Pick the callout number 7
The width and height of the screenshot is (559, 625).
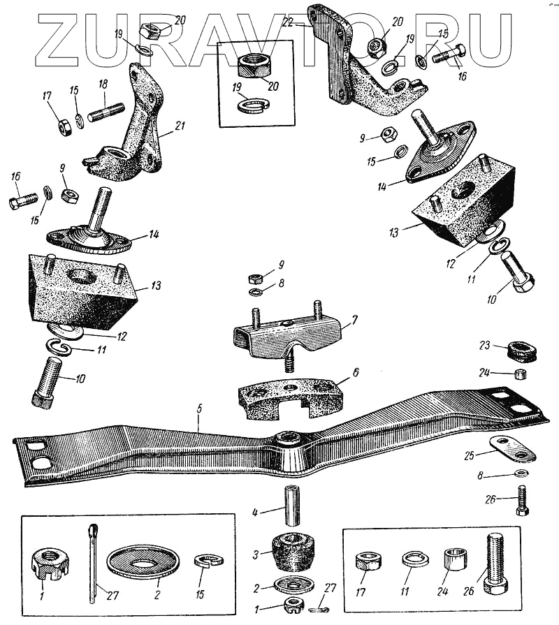(354, 321)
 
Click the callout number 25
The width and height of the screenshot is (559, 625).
(470, 455)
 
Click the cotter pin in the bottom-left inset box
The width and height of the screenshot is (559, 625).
(92, 563)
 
